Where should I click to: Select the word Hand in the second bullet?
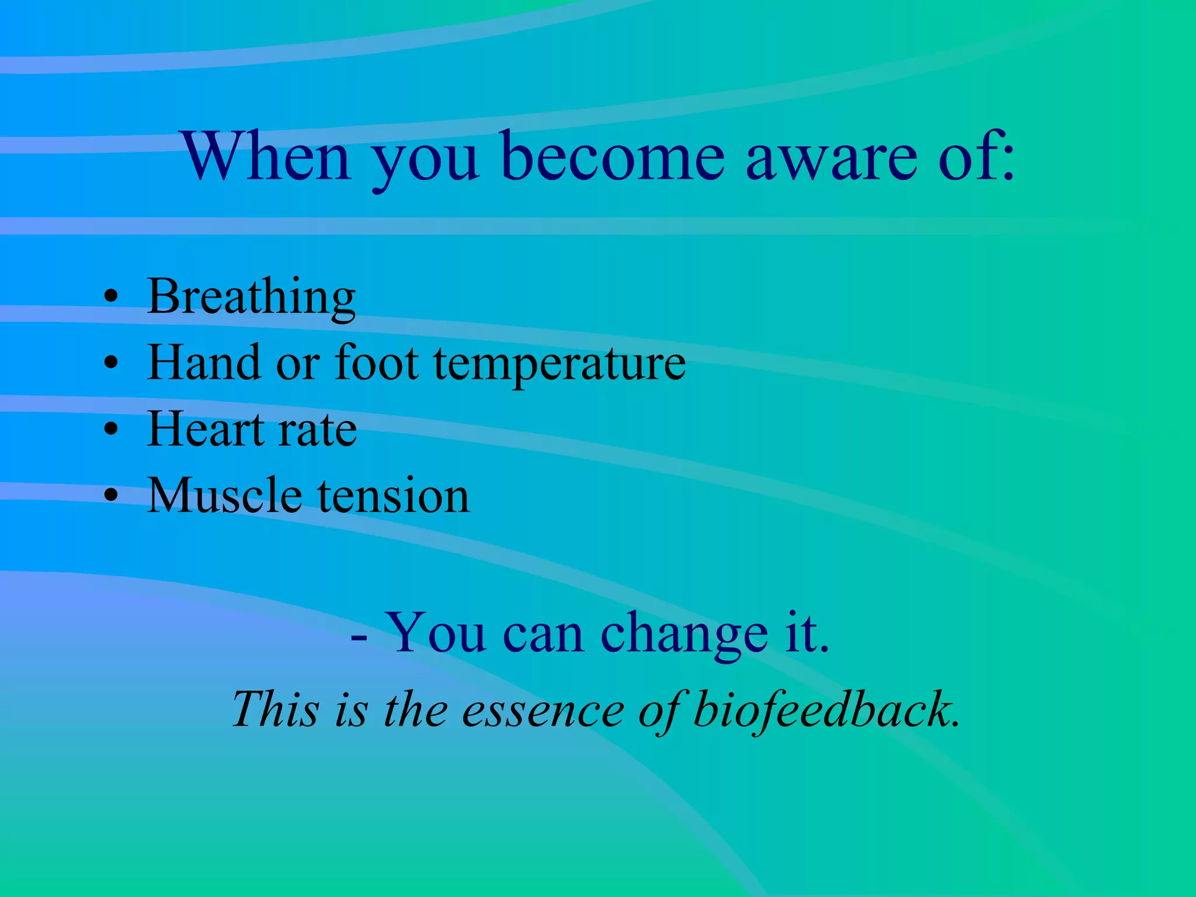click(x=203, y=363)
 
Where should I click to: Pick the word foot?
click(x=376, y=363)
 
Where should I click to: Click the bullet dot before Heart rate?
click(x=110, y=430)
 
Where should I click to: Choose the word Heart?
click(x=206, y=429)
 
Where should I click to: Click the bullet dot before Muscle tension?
click(x=110, y=496)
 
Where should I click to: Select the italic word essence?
click(x=543, y=710)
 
